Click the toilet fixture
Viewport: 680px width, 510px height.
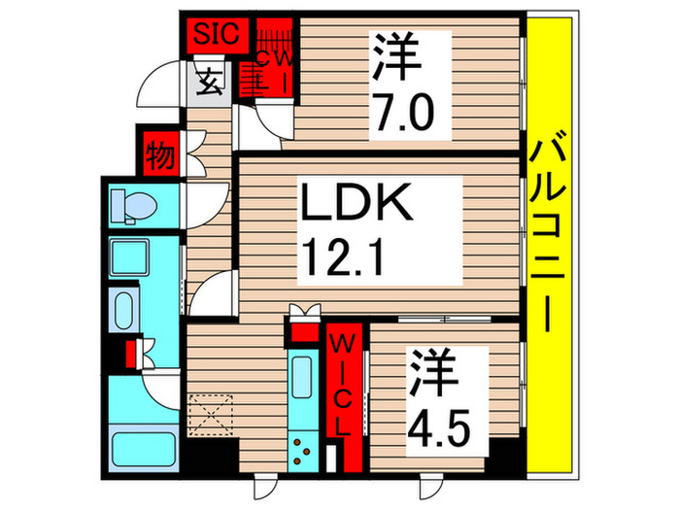(x=127, y=205)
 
